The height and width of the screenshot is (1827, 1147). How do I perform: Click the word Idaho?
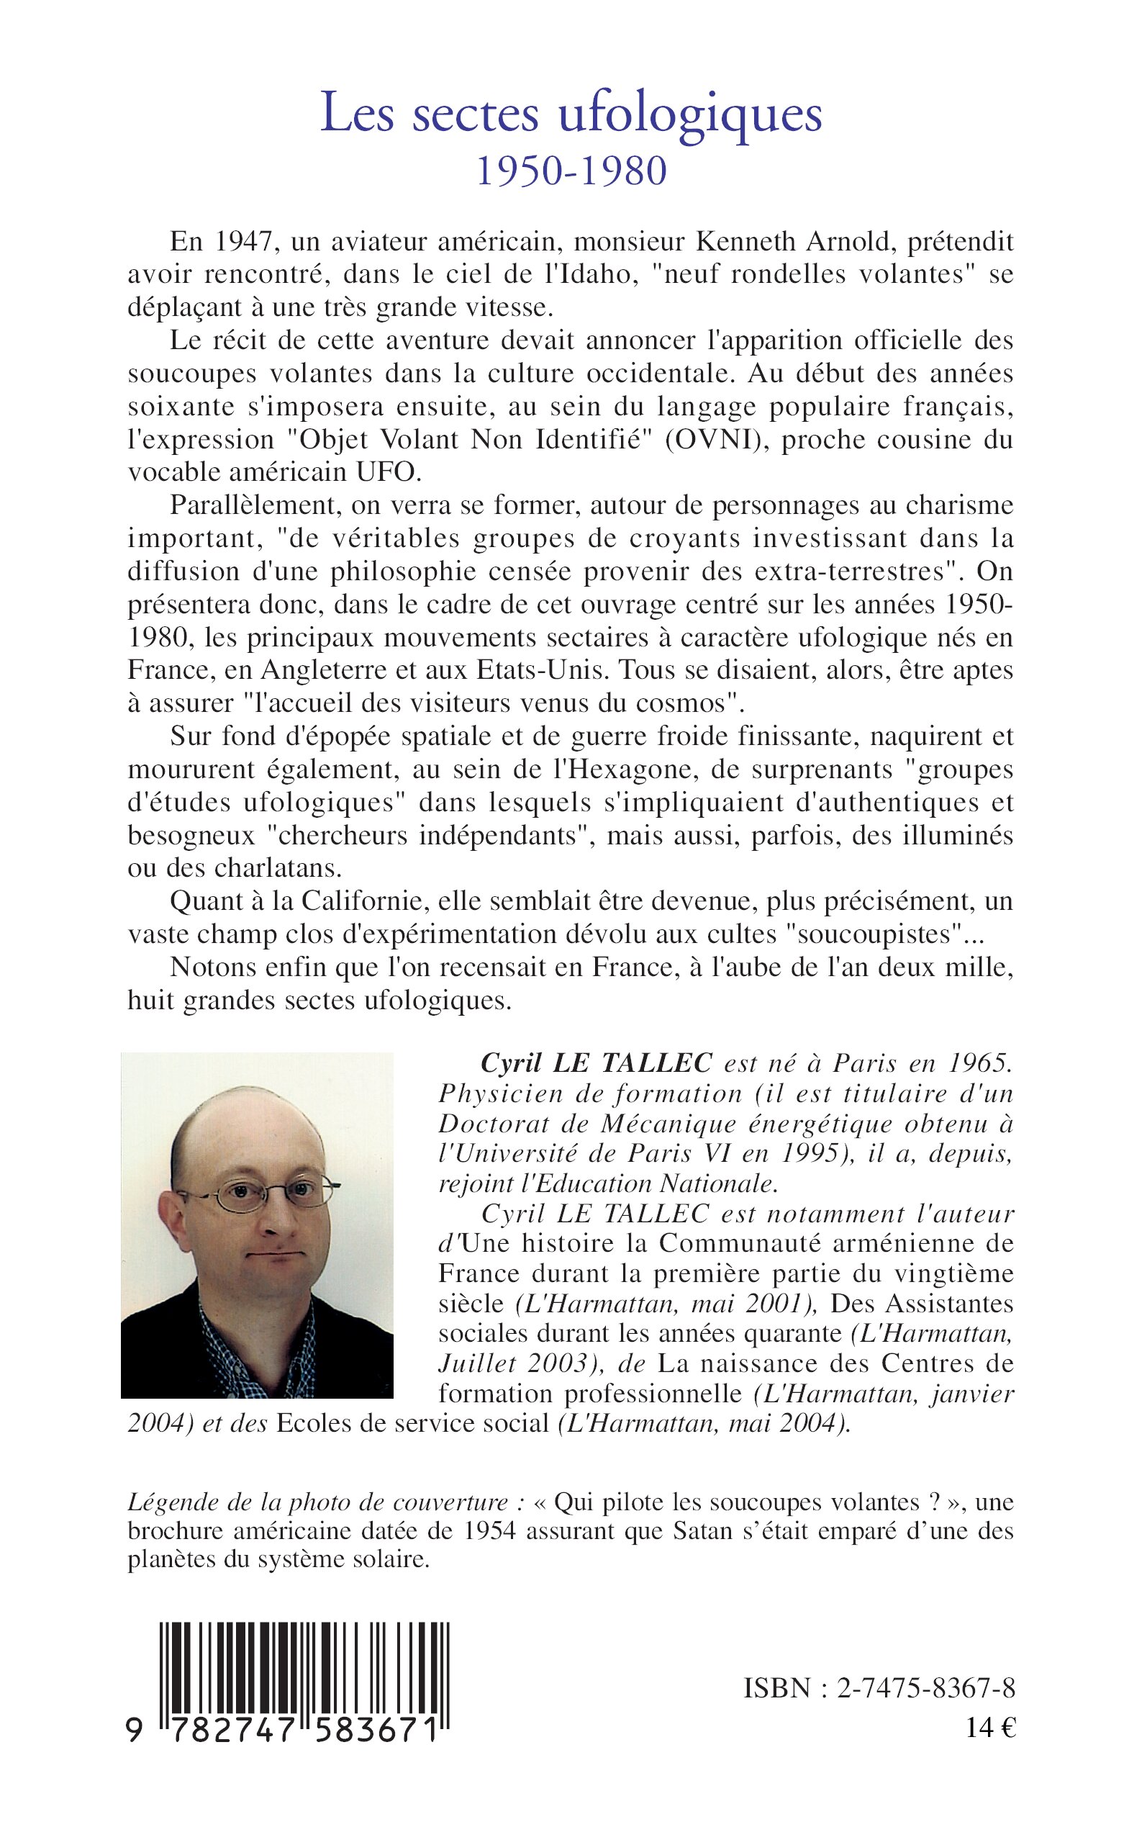pos(595,275)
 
